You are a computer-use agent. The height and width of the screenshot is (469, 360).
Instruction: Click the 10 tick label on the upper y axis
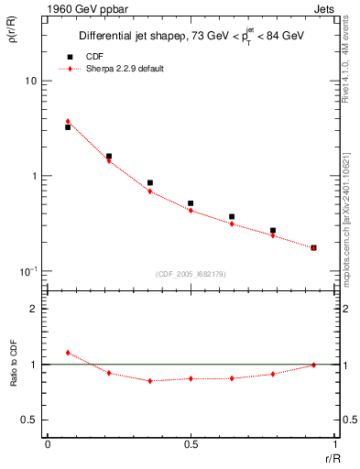tap(31, 81)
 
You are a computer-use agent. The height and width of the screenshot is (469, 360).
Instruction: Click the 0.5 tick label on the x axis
tap(191, 445)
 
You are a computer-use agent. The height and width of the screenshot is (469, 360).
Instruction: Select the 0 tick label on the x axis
tap(48, 445)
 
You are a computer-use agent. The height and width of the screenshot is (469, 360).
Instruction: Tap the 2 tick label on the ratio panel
tap(34, 309)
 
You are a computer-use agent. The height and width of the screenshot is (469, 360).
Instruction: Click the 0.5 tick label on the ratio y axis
tap(29, 420)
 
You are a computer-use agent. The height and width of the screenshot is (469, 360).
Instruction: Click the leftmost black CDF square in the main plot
tap(68, 127)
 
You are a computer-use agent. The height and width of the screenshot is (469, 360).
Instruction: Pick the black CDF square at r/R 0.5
tap(191, 203)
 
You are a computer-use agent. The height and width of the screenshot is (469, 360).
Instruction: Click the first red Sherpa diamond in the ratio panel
tap(68, 353)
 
